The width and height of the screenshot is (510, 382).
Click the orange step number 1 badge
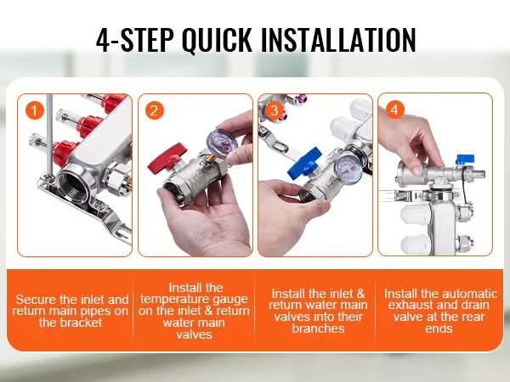pos(35,110)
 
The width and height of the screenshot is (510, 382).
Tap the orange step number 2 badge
pos(154,110)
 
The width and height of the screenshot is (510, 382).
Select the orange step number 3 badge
pos(275,110)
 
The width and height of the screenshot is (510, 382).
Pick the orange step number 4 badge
pos(394,110)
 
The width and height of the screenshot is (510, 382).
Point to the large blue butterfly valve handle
pos(304,161)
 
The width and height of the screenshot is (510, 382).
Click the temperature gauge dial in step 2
pos(220,144)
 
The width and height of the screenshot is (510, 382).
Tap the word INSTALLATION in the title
pos(338,40)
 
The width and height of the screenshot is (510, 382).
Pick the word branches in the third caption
pos(318,329)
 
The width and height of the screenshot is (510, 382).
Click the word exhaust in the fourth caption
pos(411,305)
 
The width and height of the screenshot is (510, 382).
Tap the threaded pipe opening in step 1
pos(71,186)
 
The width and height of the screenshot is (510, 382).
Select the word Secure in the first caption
pos(36,299)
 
